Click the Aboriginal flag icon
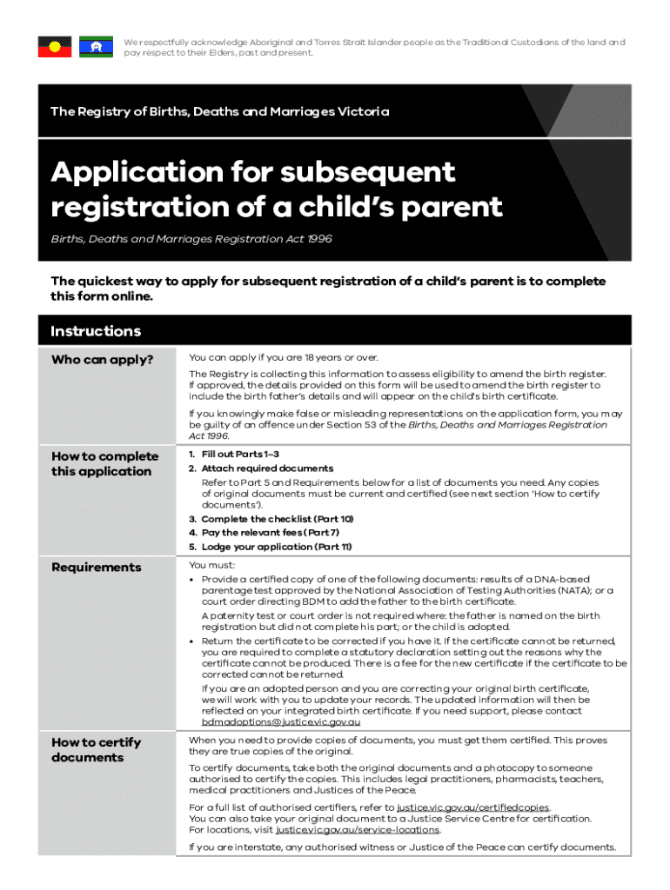(x=54, y=47)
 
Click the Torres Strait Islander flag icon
(x=96, y=47)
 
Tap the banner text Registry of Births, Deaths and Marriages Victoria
(x=219, y=112)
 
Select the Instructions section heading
(x=96, y=331)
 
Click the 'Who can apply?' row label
(x=103, y=360)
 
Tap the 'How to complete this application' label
(x=104, y=464)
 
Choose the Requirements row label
(x=96, y=568)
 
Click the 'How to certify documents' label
(x=96, y=750)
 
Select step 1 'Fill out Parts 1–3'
(x=233, y=455)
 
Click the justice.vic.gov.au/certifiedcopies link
(x=472, y=807)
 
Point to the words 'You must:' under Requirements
(x=205, y=564)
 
